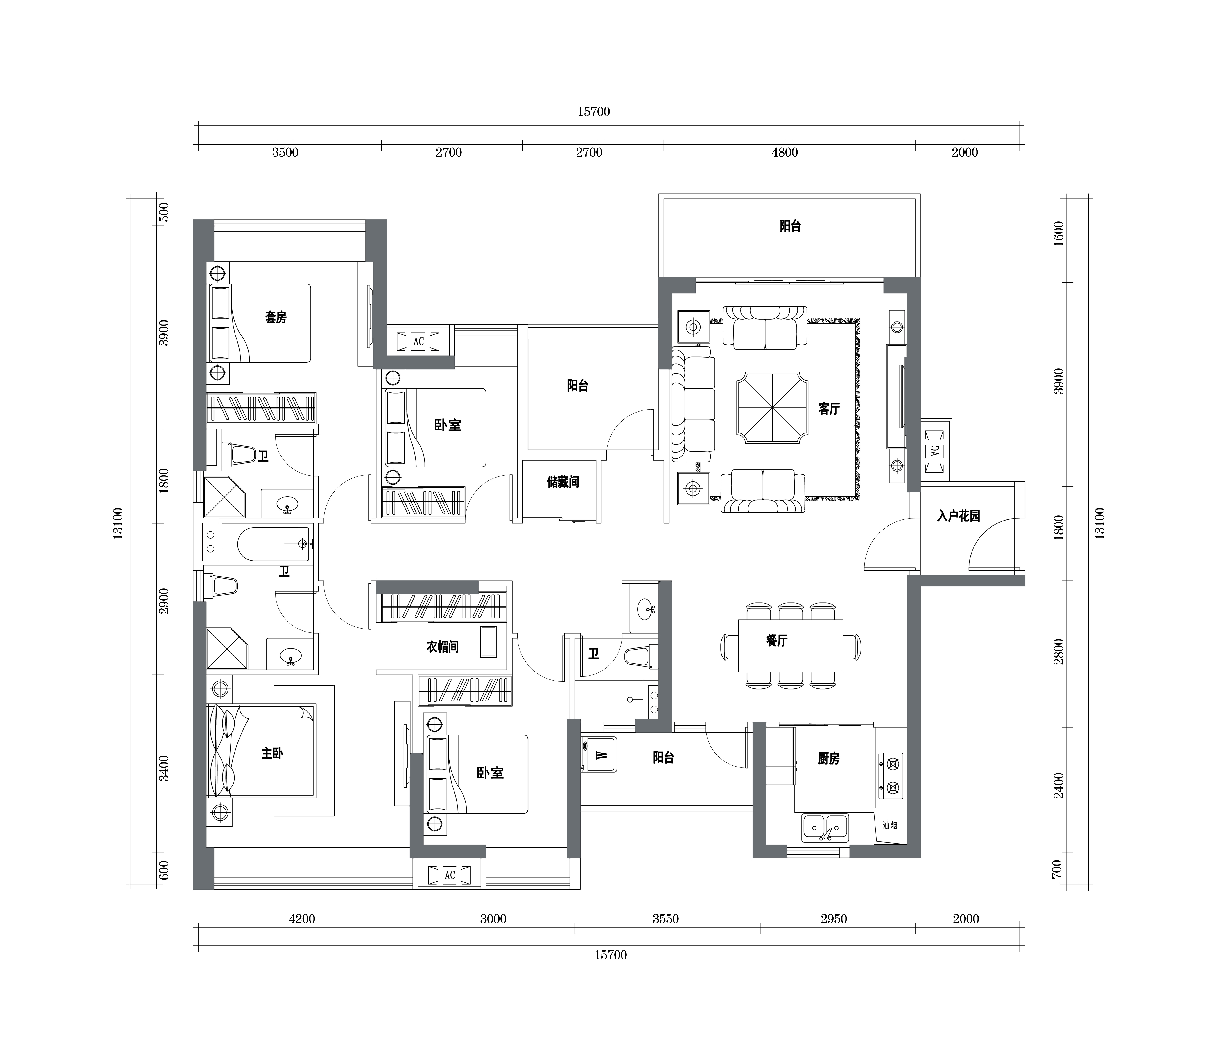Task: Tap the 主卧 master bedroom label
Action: click(x=272, y=753)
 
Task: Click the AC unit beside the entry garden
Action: click(x=935, y=450)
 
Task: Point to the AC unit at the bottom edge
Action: click(x=449, y=875)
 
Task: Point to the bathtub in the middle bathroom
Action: click(x=273, y=545)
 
